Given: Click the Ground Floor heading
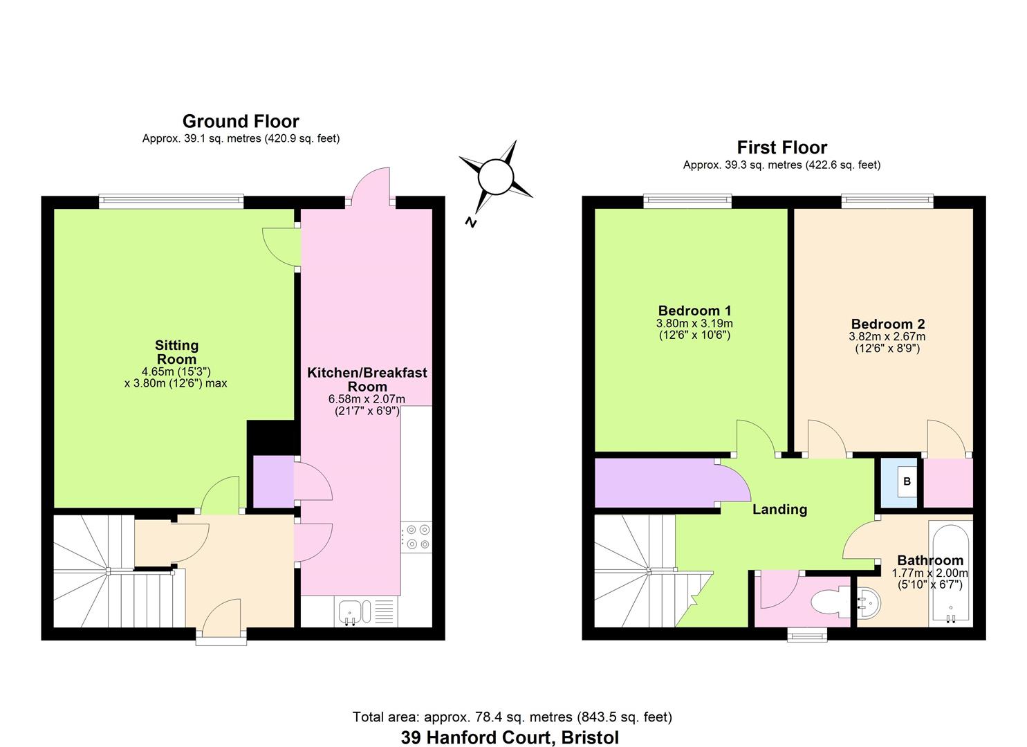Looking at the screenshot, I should (x=241, y=122).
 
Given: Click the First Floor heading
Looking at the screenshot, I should (x=781, y=148).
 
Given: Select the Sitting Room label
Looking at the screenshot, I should (x=176, y=352).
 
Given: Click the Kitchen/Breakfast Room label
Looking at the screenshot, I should (x=367, y=379).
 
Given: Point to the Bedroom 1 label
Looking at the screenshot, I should (x=694, y=311).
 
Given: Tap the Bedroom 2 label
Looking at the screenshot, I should (x=887, y=324).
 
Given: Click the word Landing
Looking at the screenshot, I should (x=779, y=510).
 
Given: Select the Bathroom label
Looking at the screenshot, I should (x=929, y=560).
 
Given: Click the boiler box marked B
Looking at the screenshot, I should (x=907, y=481).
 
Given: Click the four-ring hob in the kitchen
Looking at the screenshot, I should (x=417, y=537).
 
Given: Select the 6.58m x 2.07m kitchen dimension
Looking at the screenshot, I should (x=367, y=399).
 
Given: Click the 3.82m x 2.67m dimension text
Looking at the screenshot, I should (x=887, y=337).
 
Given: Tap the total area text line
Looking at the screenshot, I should (x=512, y=717).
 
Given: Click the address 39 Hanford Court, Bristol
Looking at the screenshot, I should (x=510, y=737).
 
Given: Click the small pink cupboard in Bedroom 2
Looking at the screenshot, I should (x=947, y=482).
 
